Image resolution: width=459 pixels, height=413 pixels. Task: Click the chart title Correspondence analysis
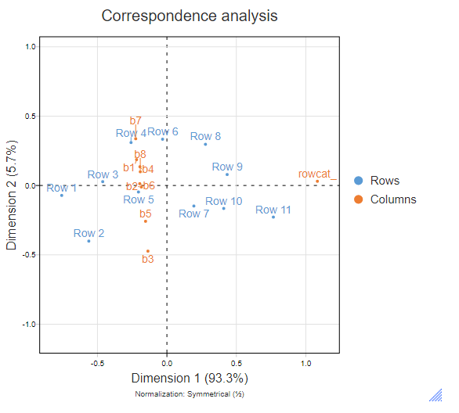[x=190, y=16]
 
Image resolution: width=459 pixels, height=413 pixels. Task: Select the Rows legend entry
[x=385, y=181]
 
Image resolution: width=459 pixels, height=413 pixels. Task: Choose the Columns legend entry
[x=392, y=199]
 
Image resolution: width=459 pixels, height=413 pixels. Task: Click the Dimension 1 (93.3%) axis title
[x=189, y=379]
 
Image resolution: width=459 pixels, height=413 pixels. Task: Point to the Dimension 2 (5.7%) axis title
[x=12, y=196]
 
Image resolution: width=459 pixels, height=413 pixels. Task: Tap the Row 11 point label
[x=273, y=210]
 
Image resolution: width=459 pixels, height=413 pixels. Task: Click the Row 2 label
[x=89, y=233]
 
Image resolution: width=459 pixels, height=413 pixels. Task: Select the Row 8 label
[x=205, y=136]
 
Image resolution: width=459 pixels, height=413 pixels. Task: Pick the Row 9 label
[x=227, y=167]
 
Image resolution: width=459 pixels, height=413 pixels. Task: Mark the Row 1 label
[x=62, y=188]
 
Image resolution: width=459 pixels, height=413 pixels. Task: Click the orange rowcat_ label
[x=317, y=174]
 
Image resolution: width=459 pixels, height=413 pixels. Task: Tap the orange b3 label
[x=147, y=259]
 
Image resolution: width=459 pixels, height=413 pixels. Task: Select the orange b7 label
[x=136, y=120]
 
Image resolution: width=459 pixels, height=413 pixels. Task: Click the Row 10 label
[x=223, y=202]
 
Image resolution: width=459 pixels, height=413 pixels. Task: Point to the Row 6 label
[x=163, y=131]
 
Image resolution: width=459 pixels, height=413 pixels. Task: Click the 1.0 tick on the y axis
[x=32, y=47]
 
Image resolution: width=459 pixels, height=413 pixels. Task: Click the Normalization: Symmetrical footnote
[x=189, y=394]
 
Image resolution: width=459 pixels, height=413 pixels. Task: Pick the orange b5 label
[x=146, y=214]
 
